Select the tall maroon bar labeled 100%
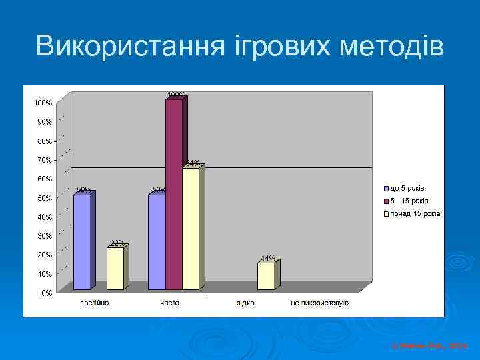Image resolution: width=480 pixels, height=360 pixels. click(174, 193)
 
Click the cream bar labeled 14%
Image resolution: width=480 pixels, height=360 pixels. click(266, 275)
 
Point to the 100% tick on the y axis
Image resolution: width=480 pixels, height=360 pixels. click(43, 103)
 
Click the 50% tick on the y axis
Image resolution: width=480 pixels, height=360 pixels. click(43, 198)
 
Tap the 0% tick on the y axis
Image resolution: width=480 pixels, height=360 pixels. click(46, 293)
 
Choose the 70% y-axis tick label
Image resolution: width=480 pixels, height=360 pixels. click(43, 160)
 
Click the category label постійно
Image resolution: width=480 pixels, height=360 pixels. click(95, 303)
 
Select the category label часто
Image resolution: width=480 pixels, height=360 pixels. click(169, 303)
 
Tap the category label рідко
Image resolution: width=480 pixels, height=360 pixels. click(245, 303)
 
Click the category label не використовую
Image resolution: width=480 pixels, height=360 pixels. click(319, 303)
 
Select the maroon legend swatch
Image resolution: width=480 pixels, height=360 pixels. click(385, 201)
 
